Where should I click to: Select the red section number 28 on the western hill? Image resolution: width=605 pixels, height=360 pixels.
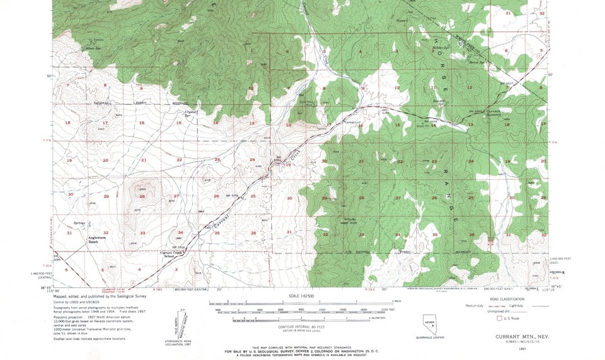(x=143, y=197)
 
